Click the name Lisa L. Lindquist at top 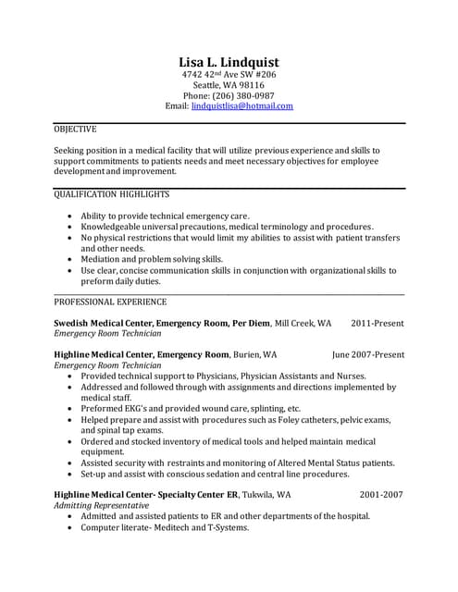coord(229,61)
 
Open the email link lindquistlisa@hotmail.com coord(241,106)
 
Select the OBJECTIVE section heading coord(75,129)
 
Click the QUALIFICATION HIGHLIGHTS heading coord(112,195)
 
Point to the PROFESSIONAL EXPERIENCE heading coord(110,302)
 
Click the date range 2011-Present coord(377,324)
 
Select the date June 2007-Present coord(367,354)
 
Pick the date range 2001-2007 coord(381,495)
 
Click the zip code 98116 coord(250,84)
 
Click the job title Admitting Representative coord(102,506)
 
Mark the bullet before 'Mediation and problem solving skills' coord(70,260)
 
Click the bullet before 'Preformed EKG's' coord(70,408)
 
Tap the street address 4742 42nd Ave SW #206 coord(228,73)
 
